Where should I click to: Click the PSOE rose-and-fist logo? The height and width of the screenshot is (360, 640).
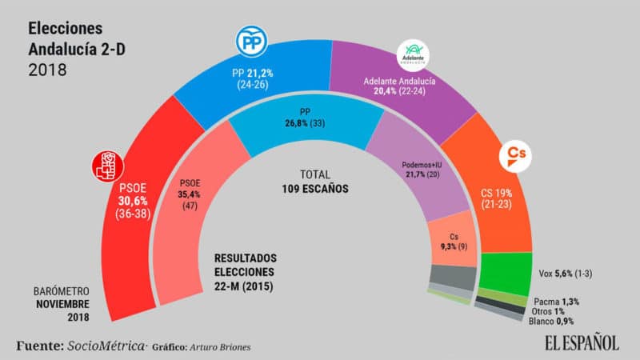point(107,165)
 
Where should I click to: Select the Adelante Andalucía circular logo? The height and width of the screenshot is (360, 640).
point(414,54)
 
